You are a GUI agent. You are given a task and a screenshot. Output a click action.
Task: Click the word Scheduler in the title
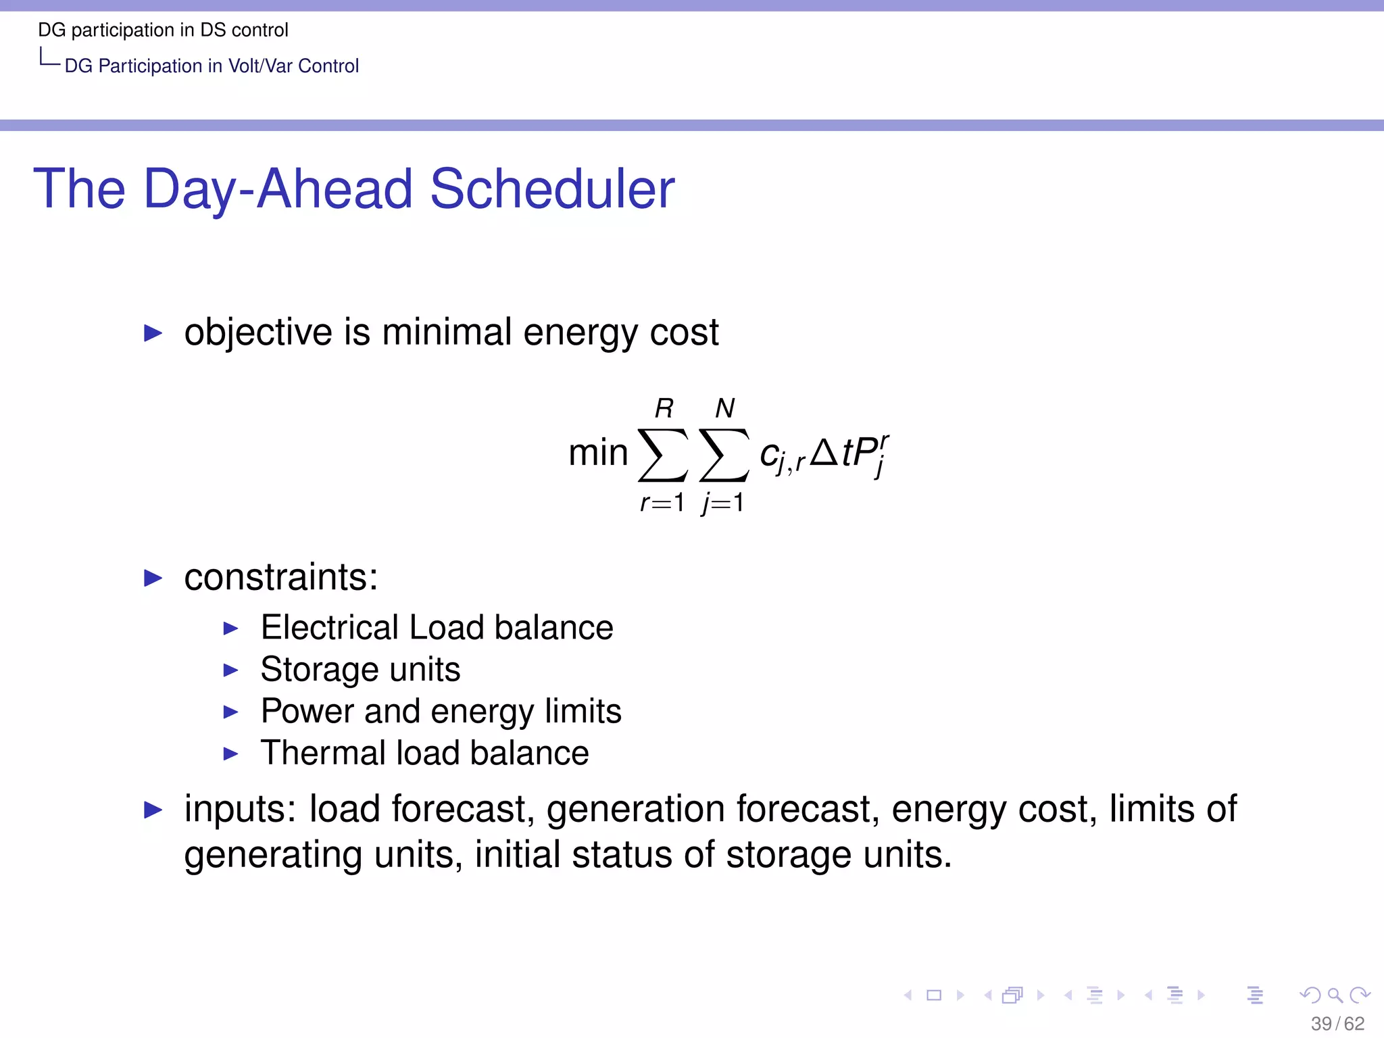click(552, 189)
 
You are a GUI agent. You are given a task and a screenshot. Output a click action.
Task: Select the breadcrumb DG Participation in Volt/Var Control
click(212, 66)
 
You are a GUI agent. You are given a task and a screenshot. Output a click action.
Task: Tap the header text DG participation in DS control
click(163, 30)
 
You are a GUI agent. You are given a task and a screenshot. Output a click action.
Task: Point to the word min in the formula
click(598, 453)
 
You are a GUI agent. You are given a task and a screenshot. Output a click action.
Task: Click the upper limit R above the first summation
click(664, 408)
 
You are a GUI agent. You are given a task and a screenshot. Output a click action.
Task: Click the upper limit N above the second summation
click(724, 408)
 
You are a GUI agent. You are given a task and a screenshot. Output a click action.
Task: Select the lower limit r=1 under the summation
click(662, 503)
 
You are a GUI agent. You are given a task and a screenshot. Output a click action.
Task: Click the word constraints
click(280, 577)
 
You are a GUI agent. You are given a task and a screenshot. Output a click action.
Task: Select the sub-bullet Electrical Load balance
click(437, 628)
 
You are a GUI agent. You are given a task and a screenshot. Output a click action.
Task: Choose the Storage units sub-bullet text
click(360, 670)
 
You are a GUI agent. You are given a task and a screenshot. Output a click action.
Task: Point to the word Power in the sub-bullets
click(307, 712)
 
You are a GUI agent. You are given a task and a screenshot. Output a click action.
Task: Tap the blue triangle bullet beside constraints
click(153, 578)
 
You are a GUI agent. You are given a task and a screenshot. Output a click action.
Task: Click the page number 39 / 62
click(1337, 1024)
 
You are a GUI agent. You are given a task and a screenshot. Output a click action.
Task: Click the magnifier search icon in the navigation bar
click(1335, 995)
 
